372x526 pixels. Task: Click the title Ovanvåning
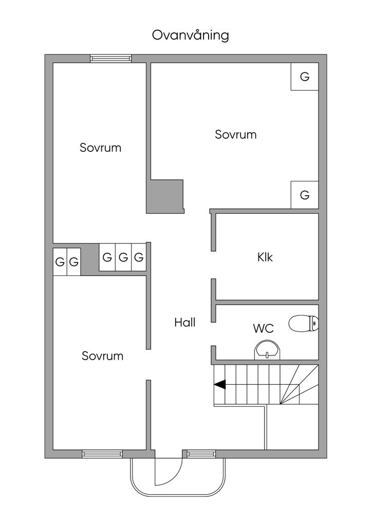191,35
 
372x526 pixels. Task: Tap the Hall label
185,323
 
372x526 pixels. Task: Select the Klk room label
265,257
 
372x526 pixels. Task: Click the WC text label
263,328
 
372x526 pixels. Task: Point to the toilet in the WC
304,324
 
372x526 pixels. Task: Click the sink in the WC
267,350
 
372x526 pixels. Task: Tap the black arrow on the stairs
220,385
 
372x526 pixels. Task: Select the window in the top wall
110,59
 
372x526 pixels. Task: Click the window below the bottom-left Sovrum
102,454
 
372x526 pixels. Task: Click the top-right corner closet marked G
305,77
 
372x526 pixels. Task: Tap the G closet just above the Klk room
305,195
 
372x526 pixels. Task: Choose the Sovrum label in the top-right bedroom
235,135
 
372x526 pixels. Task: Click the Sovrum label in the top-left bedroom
100,147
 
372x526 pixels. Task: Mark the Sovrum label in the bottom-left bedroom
103,355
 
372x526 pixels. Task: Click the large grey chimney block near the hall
165,197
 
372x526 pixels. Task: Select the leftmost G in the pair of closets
60,261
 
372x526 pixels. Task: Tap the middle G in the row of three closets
123,257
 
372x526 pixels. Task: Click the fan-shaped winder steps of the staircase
299,385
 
